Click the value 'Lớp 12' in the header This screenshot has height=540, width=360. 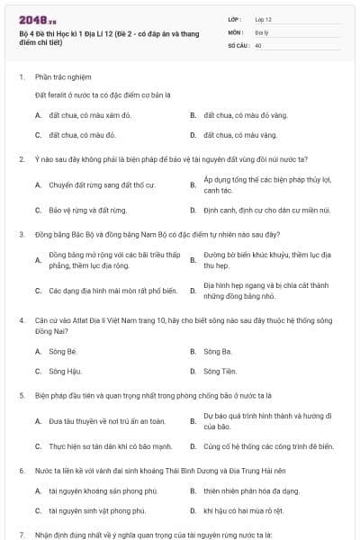click(263, 19)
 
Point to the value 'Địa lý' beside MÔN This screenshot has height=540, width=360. click(262, 31)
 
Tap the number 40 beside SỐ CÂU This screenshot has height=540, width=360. click(258, 44)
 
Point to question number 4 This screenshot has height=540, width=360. click(21, 319)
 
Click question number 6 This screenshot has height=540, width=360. click(21, 471)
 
